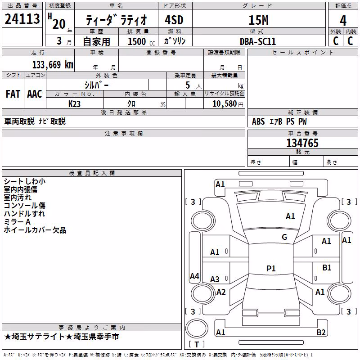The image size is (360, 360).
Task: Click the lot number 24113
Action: [22, 19]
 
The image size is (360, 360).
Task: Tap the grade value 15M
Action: [258, 20]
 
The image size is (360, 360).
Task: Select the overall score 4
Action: [343, 20]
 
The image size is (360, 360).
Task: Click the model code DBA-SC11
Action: [257, 41]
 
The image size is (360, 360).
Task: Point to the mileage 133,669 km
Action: [53, 64]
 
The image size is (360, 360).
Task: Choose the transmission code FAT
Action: [13, 94]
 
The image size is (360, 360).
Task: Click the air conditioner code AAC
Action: [35, 94]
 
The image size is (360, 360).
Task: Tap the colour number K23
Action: [74, 104]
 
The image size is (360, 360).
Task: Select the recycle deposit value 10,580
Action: [225, 103]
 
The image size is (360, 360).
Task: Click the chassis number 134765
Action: [302, 143]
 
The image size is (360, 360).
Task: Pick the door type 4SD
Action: [174, 20]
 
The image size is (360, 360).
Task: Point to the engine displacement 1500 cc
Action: [141, 41]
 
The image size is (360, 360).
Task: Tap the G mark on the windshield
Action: [284, 237]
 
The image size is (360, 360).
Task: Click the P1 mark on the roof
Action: [271, 268]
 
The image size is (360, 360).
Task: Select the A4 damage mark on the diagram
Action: [194, 276]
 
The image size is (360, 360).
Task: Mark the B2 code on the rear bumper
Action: [321, 332]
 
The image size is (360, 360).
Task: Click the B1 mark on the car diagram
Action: [327, 267]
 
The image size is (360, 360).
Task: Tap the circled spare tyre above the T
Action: [197, 328]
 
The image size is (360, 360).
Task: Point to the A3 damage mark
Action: [215, 279]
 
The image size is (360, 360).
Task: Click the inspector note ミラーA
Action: [17, 221]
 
